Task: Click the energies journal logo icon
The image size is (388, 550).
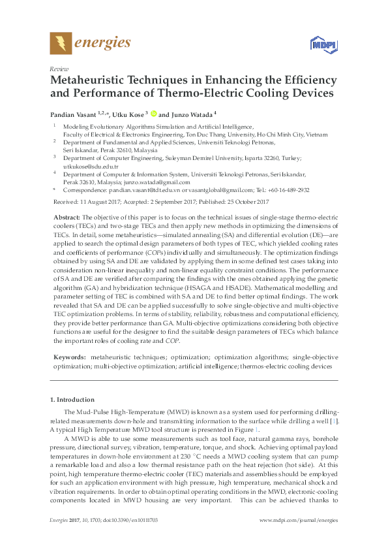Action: pos(61,44)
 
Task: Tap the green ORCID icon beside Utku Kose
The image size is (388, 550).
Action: pos(154,112)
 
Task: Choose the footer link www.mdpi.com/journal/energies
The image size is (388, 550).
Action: pos(299,520)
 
